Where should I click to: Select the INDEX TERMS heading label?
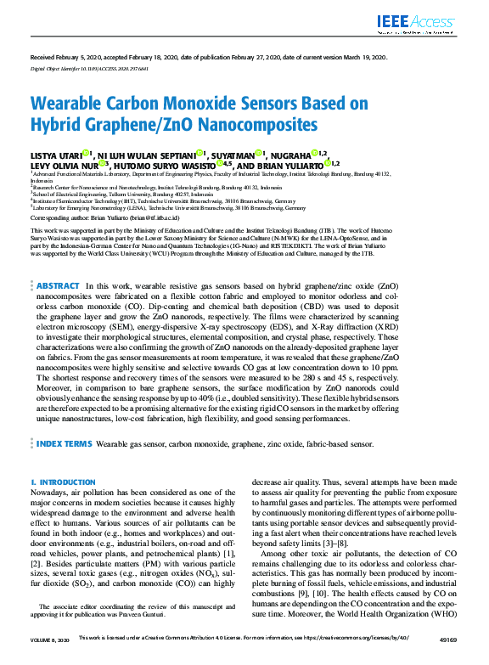[65, 443]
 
